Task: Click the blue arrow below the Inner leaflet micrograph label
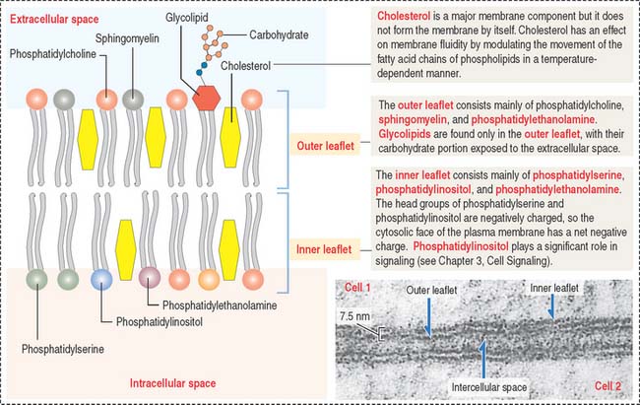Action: point(554,311)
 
